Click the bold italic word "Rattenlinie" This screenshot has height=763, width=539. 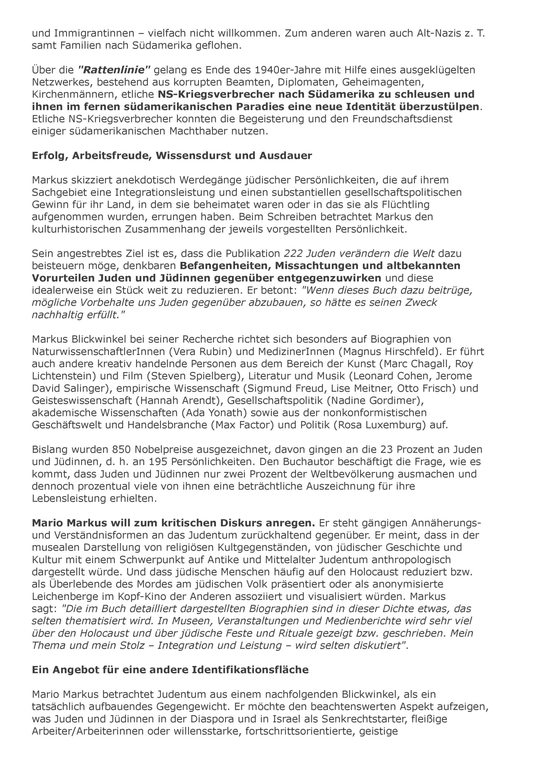114,70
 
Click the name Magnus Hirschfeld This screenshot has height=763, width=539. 392,351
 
